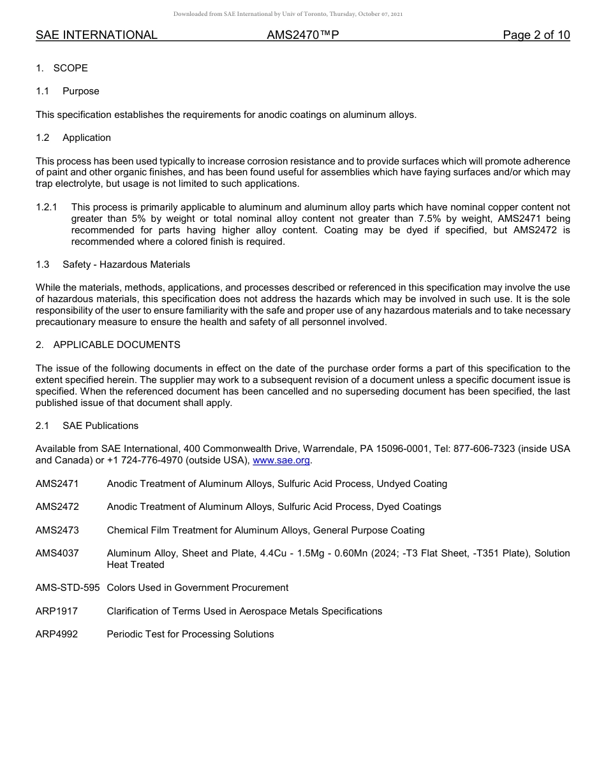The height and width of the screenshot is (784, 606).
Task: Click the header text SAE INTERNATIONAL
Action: point(96,35)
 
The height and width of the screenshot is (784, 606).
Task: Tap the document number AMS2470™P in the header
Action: point(302,35)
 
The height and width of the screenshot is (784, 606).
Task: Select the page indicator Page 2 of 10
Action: point(536,35)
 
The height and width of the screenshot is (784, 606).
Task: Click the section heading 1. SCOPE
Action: point(62,68)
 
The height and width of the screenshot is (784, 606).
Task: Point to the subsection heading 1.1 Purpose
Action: point(68,91)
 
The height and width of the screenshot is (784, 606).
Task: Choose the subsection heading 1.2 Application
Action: point(73,138)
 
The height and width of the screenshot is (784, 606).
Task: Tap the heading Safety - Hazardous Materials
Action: point(126,265)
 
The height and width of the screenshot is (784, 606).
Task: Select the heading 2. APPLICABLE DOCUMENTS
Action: point(108,345)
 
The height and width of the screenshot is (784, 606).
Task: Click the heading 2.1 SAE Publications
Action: point(87,426)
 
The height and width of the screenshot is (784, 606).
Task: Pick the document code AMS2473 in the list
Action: point(57,530)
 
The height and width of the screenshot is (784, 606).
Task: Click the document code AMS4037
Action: point(57,553)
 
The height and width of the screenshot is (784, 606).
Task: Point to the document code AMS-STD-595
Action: point(68,588)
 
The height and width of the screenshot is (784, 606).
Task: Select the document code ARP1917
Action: point(57,611)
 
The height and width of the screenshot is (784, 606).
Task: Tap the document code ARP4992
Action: point(57,634)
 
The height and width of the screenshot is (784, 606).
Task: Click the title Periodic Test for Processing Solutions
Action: point(190,634)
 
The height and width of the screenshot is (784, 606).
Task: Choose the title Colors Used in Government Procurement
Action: point(198,588)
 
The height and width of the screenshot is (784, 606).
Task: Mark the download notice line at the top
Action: point(288,14)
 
